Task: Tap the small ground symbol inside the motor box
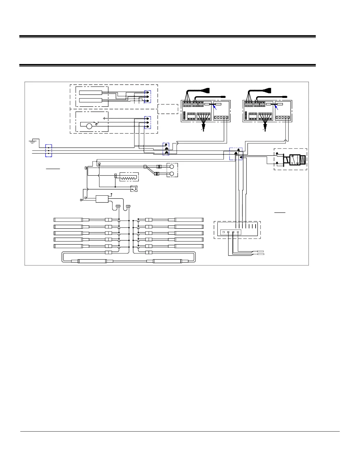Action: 104,119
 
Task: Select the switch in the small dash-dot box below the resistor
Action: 134,189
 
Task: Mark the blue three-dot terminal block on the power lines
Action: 49,151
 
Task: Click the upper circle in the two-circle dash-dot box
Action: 172,167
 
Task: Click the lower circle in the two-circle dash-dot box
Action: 172,174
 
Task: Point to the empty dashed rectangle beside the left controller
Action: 168,109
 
